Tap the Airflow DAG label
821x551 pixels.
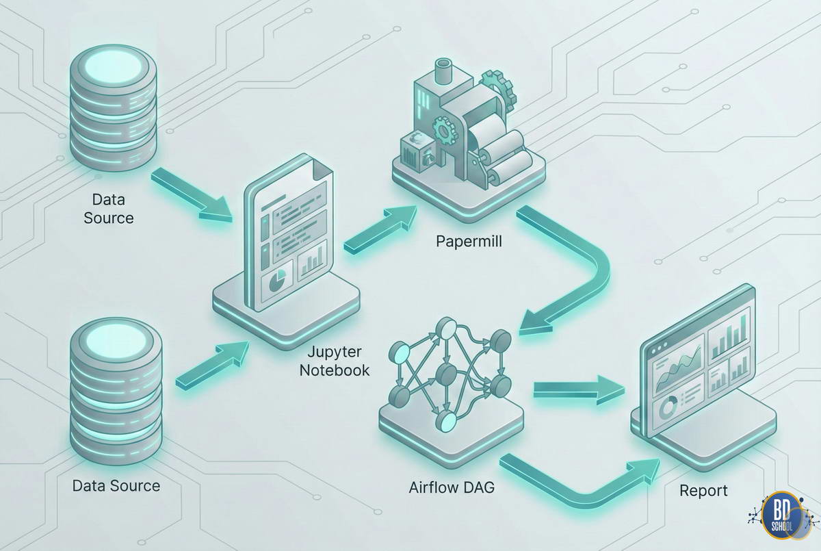(x=452, y=488)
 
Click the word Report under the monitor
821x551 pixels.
(x=703, y=491)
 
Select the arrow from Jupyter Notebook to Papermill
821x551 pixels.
(x=380, y=229)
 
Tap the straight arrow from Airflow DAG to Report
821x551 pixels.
(x=578, y=389)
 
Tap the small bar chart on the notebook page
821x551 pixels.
(x=311, y=262)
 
